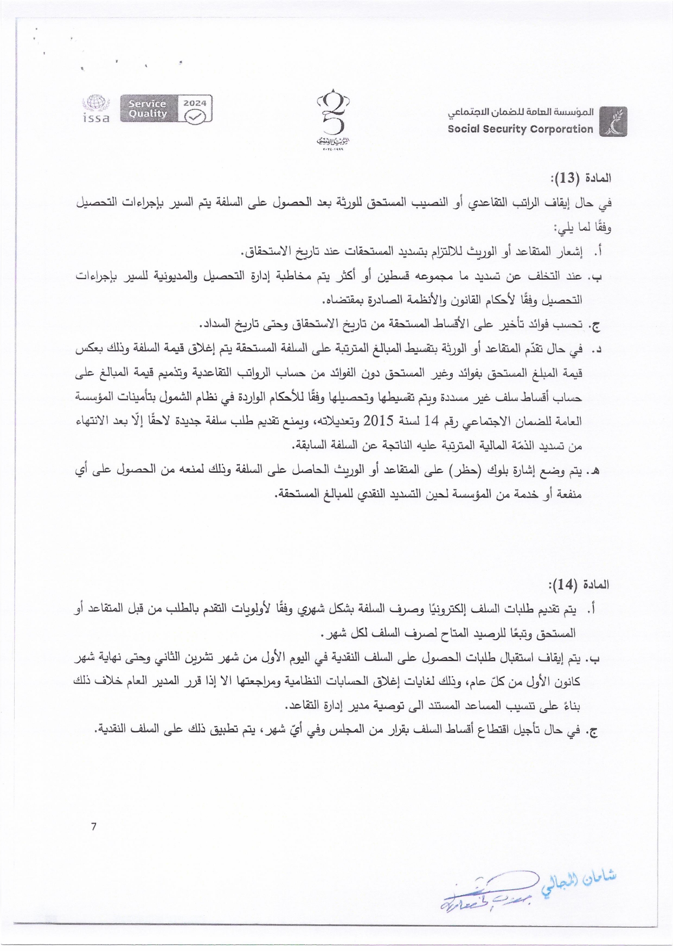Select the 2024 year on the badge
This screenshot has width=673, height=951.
click(195, 102)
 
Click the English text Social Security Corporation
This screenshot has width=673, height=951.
click(520, 129)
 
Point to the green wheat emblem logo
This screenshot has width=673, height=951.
click(613, 121)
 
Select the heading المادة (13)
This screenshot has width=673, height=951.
click(581, 178)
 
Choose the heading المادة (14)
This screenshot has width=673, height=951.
click(579, 584)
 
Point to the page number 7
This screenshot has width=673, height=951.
click(94, 826)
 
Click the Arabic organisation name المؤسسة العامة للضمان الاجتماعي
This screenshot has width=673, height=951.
click(520, 112)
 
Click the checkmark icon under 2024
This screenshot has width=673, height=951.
click(195, 116)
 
